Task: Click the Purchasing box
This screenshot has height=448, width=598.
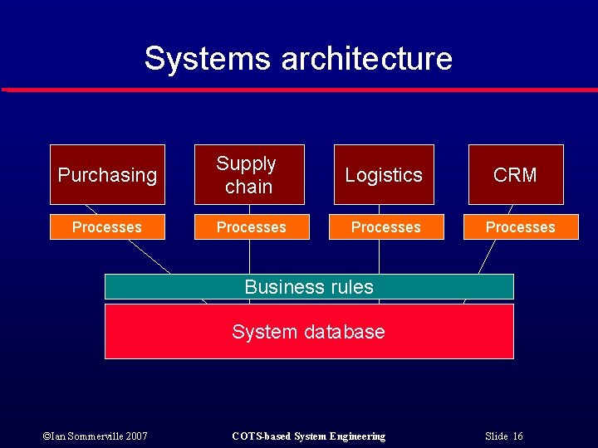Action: tap(107, 175)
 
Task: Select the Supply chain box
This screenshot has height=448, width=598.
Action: tap(247, 175)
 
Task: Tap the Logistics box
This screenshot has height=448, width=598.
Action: tap(384, 175)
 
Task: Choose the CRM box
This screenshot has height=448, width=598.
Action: tap(515, 175)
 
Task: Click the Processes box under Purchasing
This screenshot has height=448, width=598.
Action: tap(107, 227)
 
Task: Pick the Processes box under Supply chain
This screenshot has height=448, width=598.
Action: tap(252, 227)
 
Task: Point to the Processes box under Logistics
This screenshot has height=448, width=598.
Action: tap(385, 227)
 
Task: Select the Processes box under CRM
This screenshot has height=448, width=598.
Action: tap(521, 227)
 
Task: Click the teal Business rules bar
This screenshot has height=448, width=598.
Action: tap(309, 287)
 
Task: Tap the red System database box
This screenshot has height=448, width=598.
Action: tap(309, 332)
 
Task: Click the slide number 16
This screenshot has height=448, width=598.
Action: tap(517, 436)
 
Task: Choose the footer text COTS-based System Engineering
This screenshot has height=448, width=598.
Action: tap(308, 436)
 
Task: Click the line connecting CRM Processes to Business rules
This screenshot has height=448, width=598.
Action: tap(486, 257)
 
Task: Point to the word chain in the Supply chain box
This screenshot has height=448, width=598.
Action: tap(248, 187)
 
